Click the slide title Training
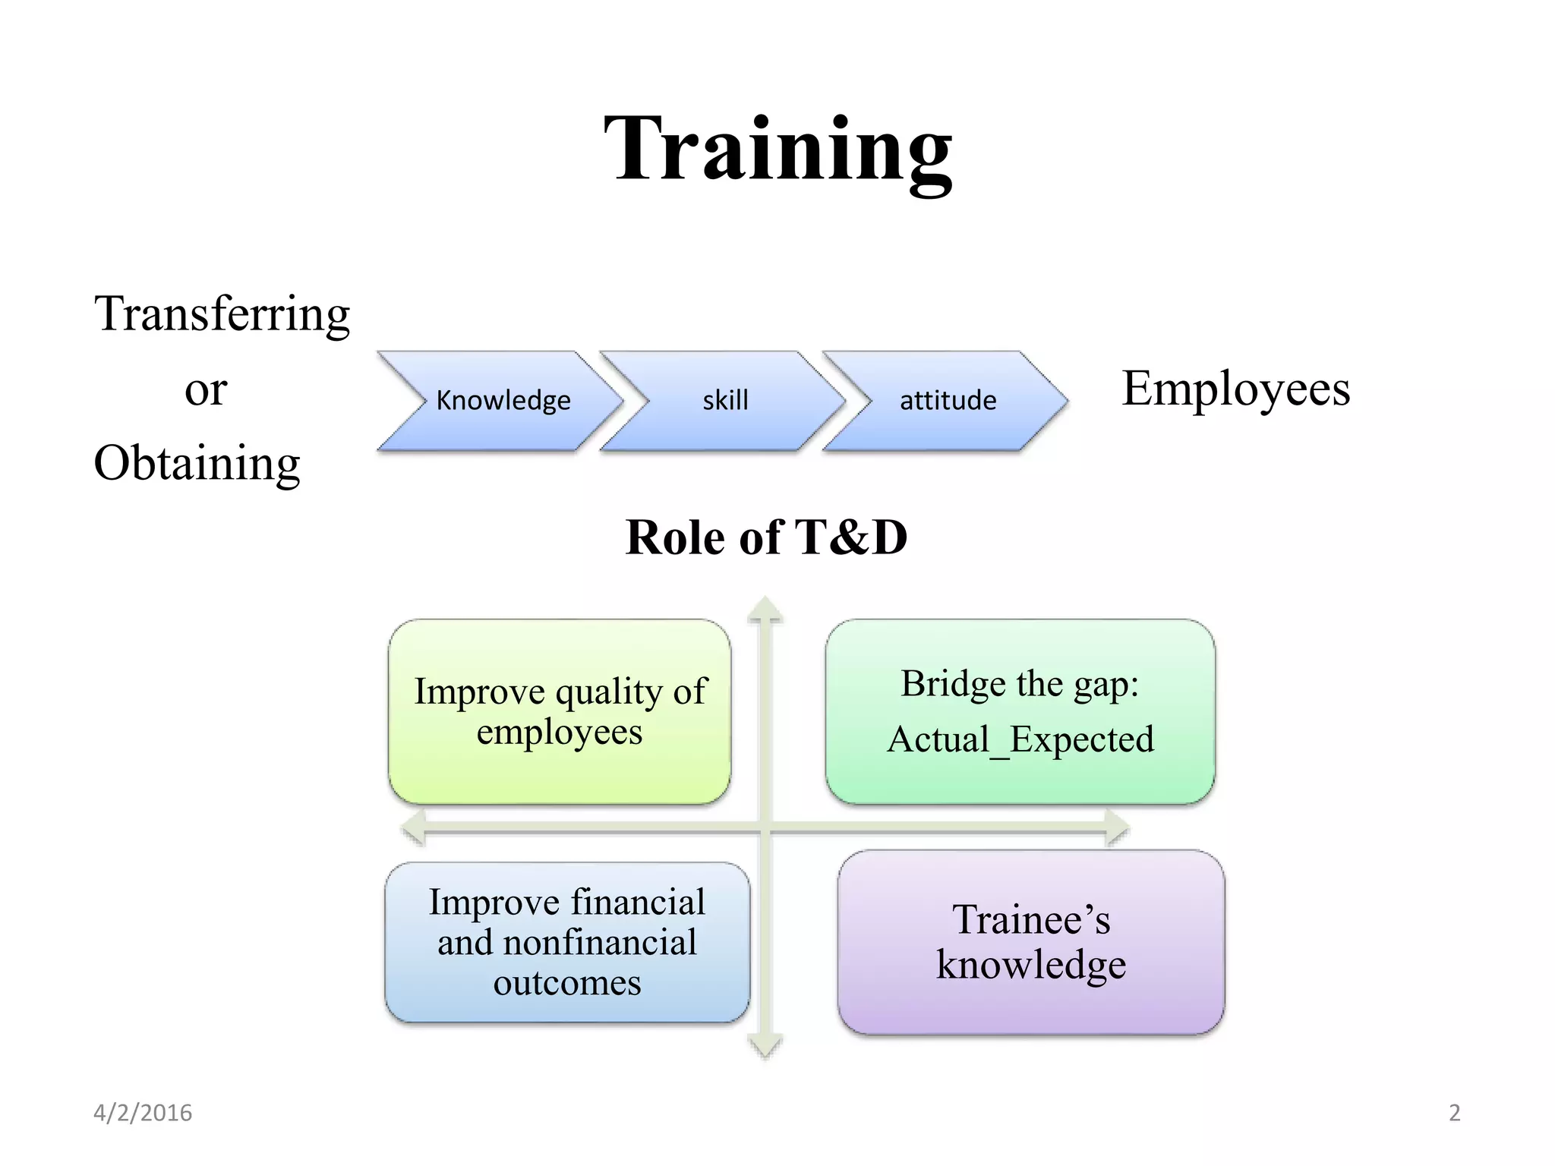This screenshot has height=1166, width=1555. click(x=777, y=149)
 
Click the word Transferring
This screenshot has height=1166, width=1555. click(x=222, y=314)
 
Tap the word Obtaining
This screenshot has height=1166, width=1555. click(x=197, y=463)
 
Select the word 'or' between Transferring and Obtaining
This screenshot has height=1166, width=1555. click(x=206, y=390)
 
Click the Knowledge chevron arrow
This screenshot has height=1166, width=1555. click(x=501, y=401)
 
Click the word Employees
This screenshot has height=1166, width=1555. click(x=1235, y=389)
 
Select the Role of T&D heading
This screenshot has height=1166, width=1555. click(x=766, y=537)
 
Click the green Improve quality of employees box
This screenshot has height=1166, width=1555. click(x=560, y=711)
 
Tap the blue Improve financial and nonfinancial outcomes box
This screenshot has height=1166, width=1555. click(x=566, y=942)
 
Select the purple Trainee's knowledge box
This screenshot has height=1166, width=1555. click(x=1030, y=942)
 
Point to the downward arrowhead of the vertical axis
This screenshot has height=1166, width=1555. click(x=765, y=1048)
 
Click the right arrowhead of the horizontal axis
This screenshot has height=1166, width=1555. click(x=1118, y=828)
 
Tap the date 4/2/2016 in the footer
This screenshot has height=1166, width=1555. click(x=143, y=1113)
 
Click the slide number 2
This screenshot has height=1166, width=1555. click(x=1454, y=1113)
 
